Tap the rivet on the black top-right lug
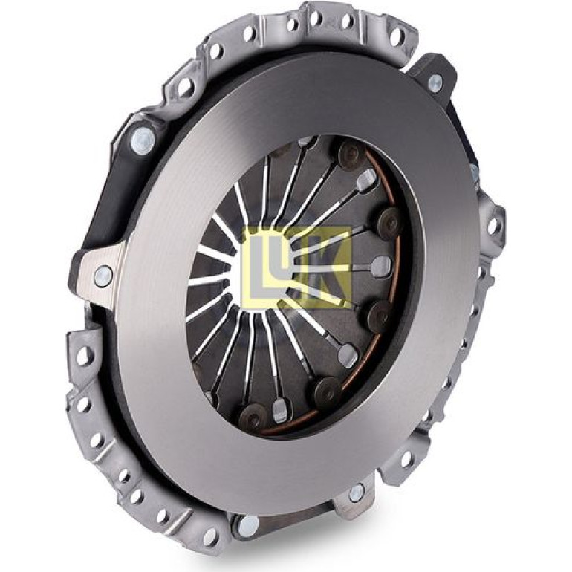435,83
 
